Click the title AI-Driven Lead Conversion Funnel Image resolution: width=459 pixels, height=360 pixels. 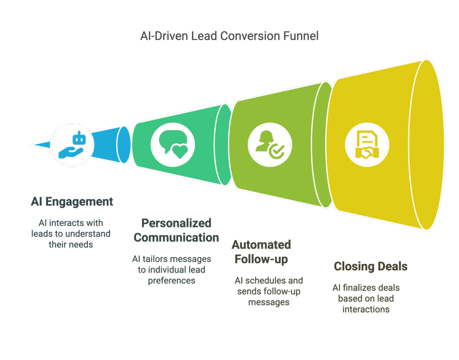point(229,36)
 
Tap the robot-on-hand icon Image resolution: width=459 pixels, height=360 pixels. point(72,145)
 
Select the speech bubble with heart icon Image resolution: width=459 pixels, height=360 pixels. point(173,145)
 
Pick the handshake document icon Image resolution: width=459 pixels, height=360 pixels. point(367,145)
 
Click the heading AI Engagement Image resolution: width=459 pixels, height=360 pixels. point(72,202)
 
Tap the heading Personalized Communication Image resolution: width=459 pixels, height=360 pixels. point(176,230)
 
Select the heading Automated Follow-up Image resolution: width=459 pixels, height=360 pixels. point(261,252)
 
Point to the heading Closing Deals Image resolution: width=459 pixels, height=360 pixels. point(371,266)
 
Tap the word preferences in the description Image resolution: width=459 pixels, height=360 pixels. point(172,281)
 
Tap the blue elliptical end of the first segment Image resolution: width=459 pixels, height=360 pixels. point(124,145)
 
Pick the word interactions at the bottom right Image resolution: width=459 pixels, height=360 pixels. point(366,309)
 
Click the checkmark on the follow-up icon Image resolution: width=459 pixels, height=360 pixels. point(277,152)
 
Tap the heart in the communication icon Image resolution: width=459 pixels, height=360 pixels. point(180,152)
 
